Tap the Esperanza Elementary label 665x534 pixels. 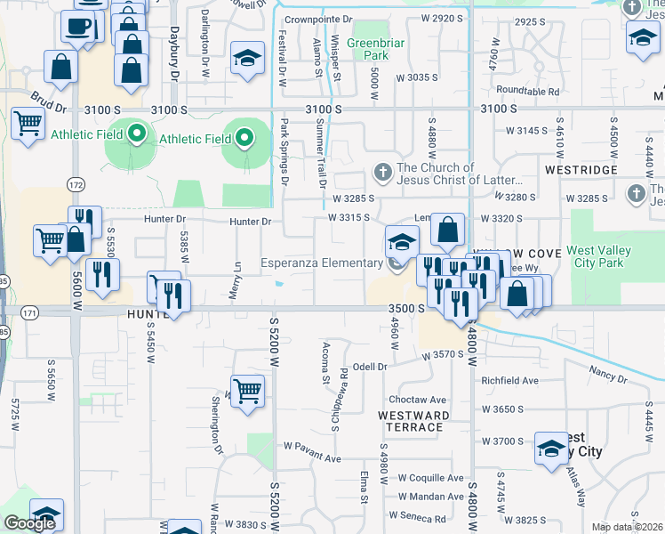321,263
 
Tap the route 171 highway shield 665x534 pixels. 30,312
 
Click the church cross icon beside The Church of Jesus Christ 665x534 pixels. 382,170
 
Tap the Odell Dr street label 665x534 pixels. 371,366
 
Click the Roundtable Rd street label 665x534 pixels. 527,91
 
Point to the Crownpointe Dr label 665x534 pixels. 317,18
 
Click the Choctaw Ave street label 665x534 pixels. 417,400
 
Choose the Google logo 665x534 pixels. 29,522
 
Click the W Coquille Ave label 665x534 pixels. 430,477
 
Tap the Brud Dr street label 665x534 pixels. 48,101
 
